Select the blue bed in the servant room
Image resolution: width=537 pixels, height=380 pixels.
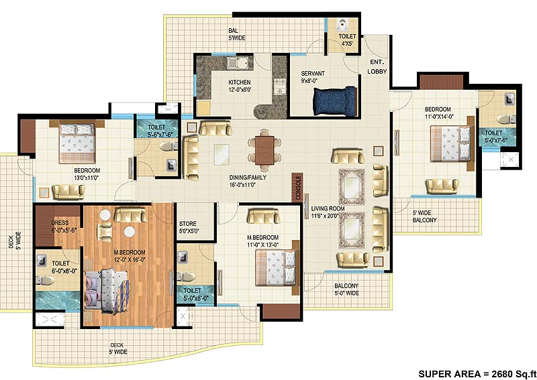point(334,103)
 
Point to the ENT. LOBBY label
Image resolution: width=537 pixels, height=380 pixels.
point(377,67)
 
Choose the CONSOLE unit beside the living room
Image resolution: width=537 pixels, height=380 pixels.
point(297,187)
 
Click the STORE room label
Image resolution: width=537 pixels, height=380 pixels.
point(187,228)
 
